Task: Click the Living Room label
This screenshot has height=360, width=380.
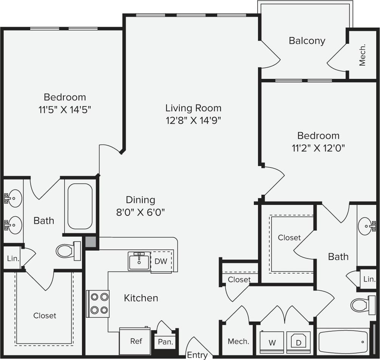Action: coord(193,108)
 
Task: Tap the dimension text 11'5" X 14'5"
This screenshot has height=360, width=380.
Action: coord(65,110)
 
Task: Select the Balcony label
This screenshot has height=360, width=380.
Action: coord(307,41)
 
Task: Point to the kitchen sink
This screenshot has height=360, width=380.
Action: coord(139,261)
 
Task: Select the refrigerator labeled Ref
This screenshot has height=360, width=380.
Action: coord(135,341)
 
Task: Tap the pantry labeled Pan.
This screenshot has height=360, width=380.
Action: coord(165,343)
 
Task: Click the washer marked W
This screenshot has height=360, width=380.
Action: coord(272,343)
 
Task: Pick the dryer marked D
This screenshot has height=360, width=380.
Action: coord(298,343)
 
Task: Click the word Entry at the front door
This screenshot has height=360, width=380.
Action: coord(197,355)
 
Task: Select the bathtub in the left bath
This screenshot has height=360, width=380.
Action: coord(80,206)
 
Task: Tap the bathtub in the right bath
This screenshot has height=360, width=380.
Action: coord(343,342)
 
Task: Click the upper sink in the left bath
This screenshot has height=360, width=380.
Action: coord(14,198)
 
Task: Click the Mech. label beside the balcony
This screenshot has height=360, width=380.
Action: coord(362,55)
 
